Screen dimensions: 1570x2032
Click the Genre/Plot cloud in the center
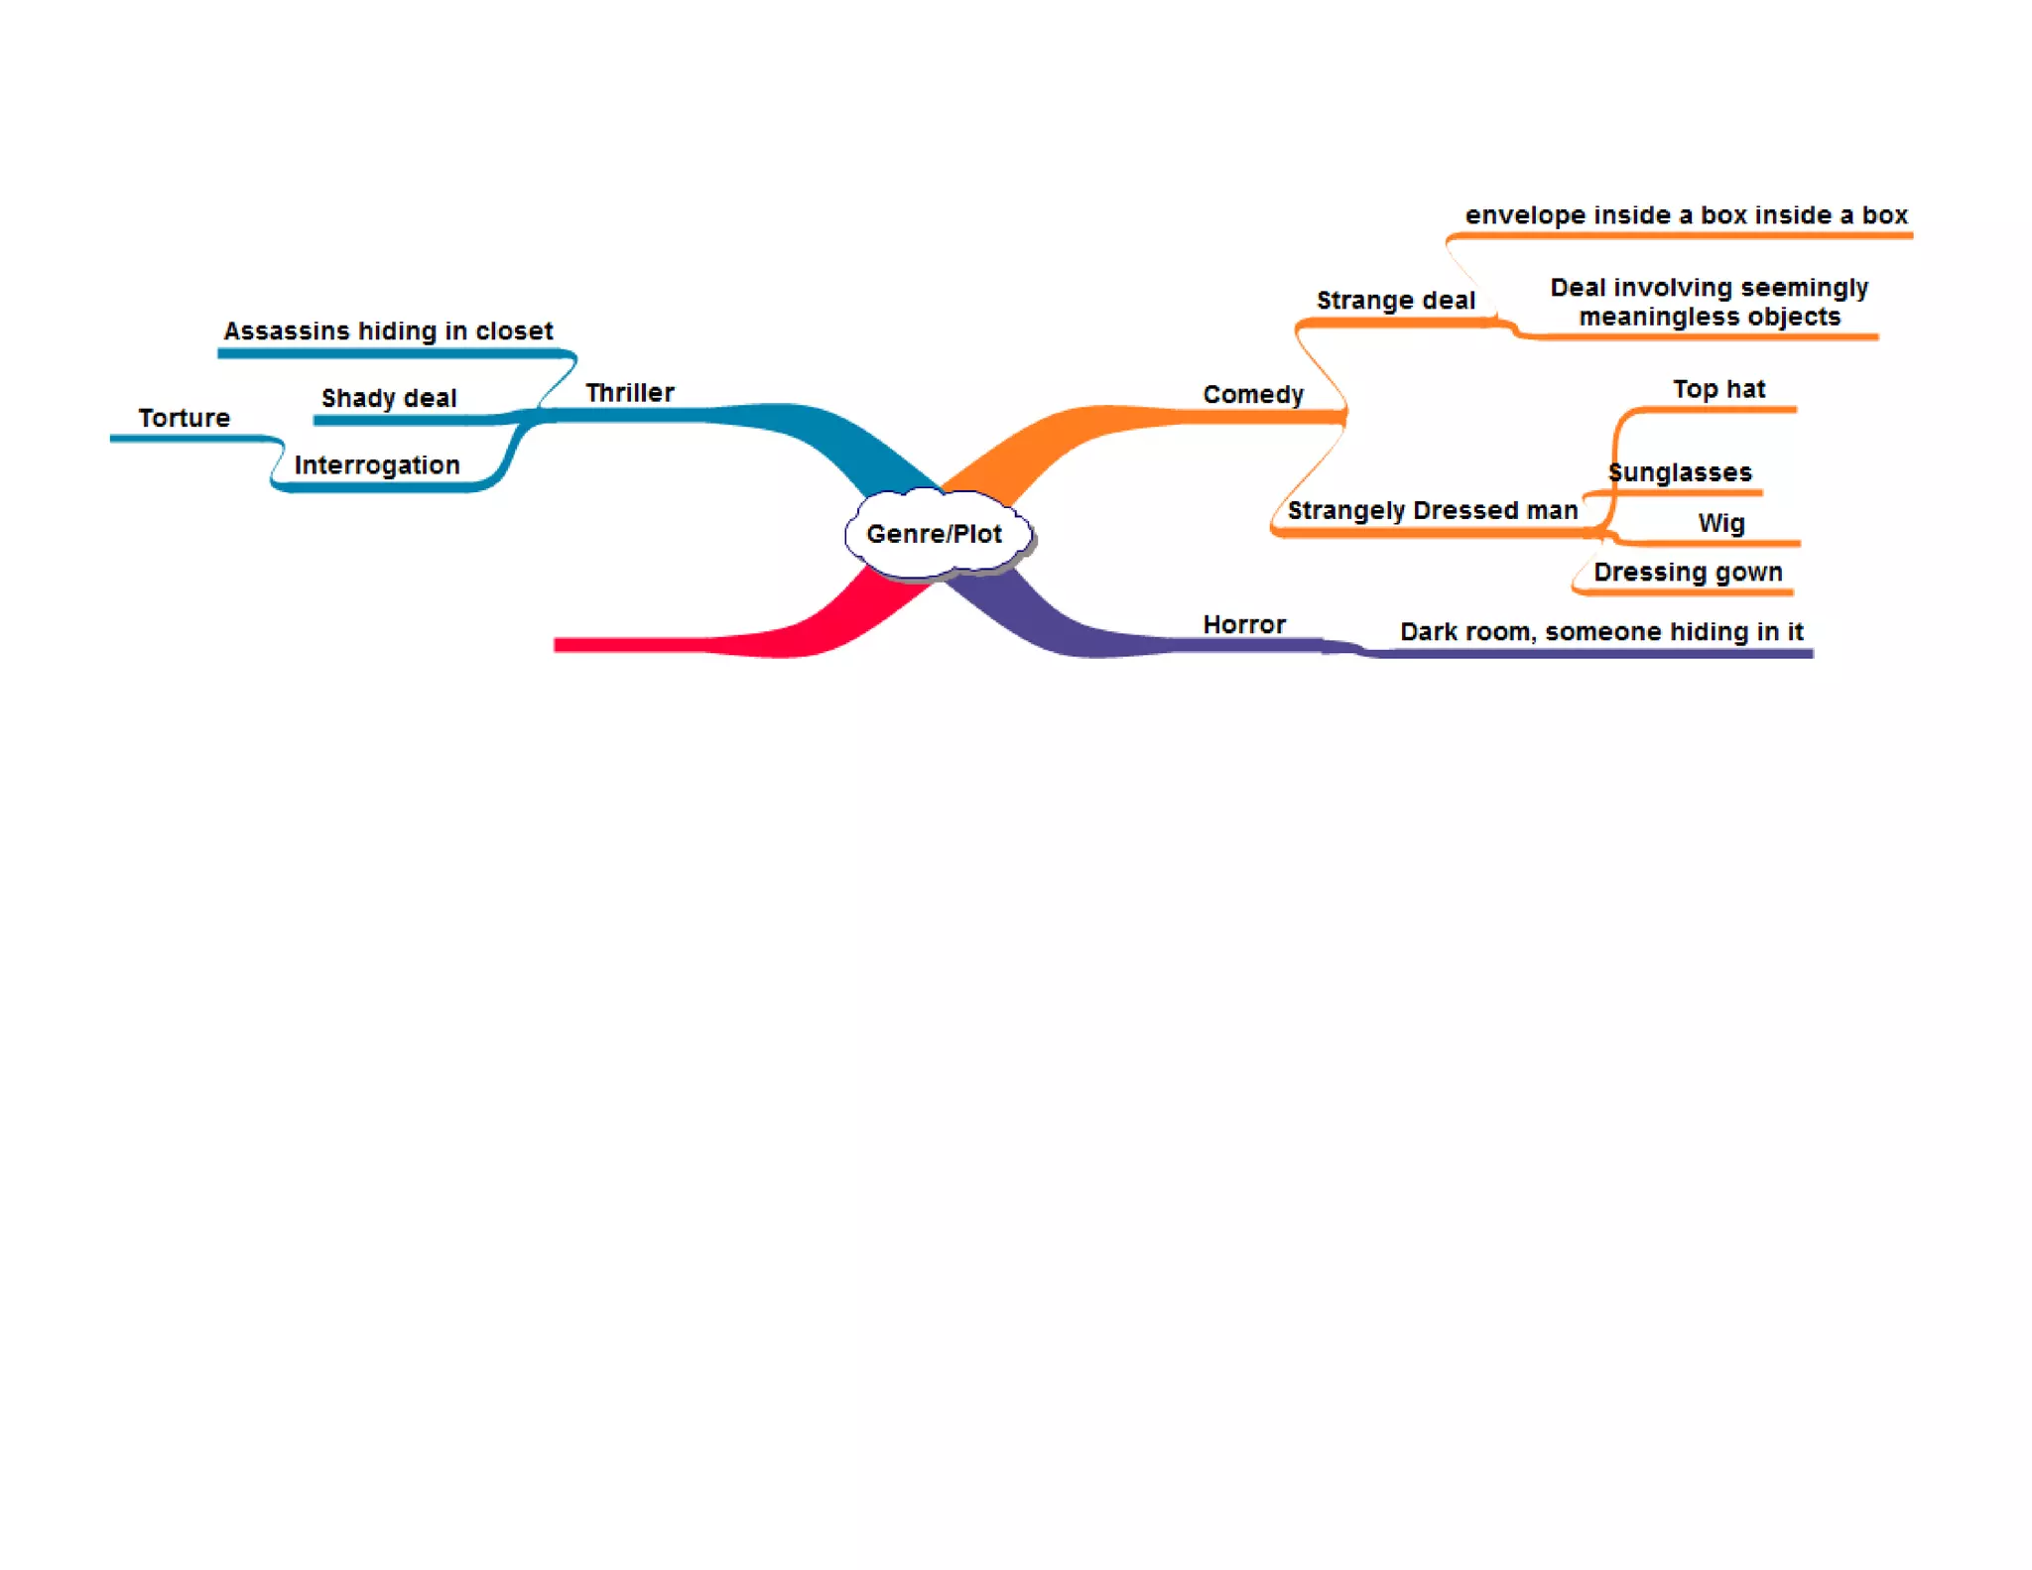point(935,534)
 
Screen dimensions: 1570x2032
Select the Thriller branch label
point(629,393)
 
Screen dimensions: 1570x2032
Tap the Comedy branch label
point(1252,395)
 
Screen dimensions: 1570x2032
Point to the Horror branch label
point(1244,624)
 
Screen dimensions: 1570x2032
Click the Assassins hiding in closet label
point(388,330)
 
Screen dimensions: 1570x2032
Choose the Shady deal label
point(389,398)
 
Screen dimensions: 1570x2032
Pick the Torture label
point(184,418)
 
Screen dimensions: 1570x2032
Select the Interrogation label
point(377,465)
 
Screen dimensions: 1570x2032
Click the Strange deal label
point(1395,301)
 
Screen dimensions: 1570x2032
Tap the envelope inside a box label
point(1686,215)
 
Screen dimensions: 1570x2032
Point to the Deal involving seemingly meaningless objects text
point(1709,302)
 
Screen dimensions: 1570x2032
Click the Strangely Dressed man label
point(1432,510)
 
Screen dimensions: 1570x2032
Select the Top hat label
point(1718,389)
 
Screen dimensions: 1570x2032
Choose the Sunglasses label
point(1680,472)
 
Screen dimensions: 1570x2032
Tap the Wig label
point(1720,523)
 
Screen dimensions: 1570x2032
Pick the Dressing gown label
point(1688,573)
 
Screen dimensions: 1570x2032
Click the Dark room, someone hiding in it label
point(1600,632)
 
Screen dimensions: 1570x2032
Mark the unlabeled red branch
point(675,645)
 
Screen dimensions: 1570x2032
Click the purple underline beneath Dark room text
point(1587,654)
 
